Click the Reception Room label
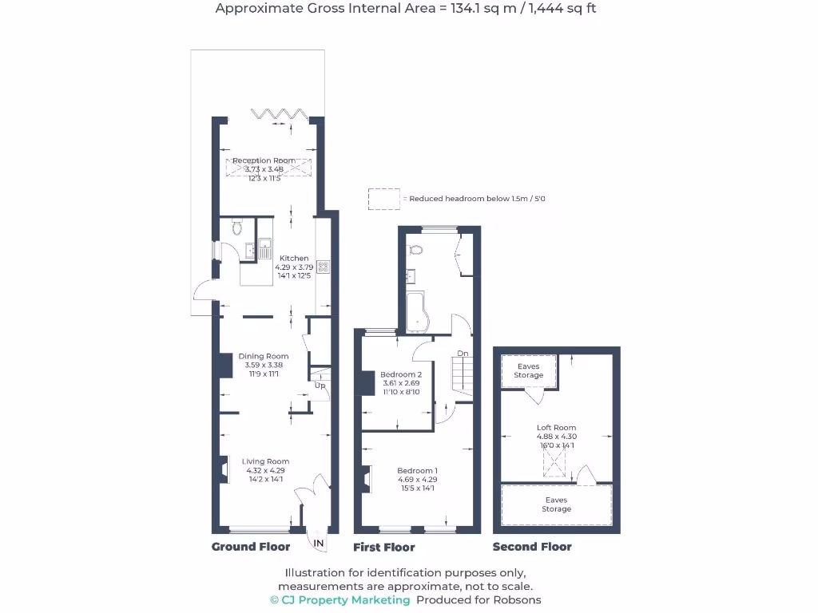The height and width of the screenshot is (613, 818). (x=264, y=160)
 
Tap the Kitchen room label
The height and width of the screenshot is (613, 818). (x=294, y=258)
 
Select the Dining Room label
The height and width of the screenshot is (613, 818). (x=264, y=356)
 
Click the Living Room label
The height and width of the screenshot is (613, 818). (x=266, y=461)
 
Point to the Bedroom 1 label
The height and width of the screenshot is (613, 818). (x=417, y=471)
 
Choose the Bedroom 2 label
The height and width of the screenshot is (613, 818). (x=401, y=374)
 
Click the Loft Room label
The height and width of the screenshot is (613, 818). (x=556, y=428)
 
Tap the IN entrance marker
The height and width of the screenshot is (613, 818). (x=319, y=544)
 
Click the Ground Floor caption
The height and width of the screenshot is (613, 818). (x=250, y=547)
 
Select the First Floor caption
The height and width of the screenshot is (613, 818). (x=384, y=548)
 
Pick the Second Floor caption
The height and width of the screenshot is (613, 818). (x=532, y=547)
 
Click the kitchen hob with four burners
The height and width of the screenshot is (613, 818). (x=324, y=267)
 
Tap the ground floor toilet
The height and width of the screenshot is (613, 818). (x=236, y=228)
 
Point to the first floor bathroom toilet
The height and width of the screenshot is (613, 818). (x=414, y=250)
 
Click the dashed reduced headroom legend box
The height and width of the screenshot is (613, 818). (x=383, y=199)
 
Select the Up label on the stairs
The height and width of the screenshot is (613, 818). (x=320, y=386)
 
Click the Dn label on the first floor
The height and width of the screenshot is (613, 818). (x=463, y=354)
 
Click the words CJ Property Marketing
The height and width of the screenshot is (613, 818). (x=346, y=599)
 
